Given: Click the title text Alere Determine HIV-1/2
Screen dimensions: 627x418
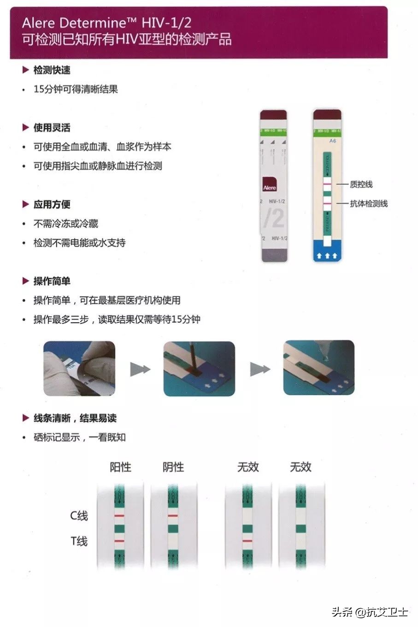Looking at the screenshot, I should point(106,23).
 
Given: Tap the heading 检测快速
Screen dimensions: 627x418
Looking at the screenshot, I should point(52,70).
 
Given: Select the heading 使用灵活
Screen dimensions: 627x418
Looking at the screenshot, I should point(52,128).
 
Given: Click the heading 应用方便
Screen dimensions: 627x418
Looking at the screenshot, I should point(52,204).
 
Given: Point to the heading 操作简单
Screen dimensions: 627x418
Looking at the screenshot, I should point(52,281).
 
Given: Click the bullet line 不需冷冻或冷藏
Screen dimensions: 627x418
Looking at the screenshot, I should point(65,224).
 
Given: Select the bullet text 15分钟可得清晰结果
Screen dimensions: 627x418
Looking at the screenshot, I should point(76,89).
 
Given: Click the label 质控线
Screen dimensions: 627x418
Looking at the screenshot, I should point(361,184).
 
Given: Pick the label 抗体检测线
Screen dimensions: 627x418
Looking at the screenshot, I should point(369,203).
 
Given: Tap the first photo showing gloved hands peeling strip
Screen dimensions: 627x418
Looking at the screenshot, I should point(79,368).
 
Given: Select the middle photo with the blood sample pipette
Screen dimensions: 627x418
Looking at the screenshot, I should point(199,368).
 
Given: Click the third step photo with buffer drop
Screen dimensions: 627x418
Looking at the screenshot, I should point(318,368).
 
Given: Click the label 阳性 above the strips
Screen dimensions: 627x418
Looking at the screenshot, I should point(120,467).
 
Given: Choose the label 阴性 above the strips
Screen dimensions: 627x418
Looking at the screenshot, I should point(173,467).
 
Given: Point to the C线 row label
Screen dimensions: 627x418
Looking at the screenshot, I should point(79,515).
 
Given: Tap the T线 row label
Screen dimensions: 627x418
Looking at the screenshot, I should point(79,541).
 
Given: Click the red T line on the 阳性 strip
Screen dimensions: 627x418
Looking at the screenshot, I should point(120,541).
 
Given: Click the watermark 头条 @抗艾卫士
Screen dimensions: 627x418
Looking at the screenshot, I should point(370,612).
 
